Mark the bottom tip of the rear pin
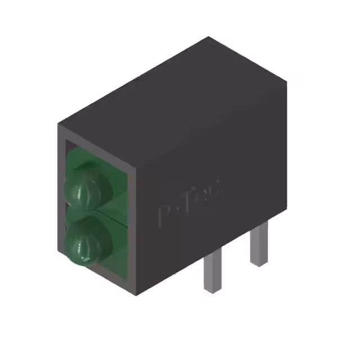pyautogui.click(x=258, y=264)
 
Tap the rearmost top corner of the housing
pyautogui.click(x=209, y=38)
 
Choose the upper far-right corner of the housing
pyautogui.click(x=286, y=80)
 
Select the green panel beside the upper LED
pyautogui.click(x=121, y=186)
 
